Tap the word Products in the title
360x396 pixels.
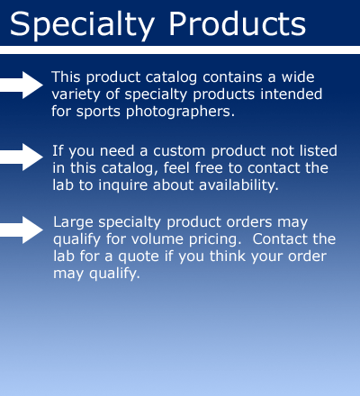[237, 23]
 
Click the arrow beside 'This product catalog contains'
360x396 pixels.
[22, 85]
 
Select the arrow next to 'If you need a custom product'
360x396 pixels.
[22, 157]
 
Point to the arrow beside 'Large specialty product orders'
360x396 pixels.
[22, 229]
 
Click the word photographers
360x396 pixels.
[180, 112]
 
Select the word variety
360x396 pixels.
[76, 94]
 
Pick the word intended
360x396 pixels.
[291, 94]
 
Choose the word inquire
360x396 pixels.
[123, 185]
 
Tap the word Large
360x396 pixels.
[73, 223]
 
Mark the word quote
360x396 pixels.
[139, 256]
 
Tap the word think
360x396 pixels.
[228, 256]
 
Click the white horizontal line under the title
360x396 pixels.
[180, 50]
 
